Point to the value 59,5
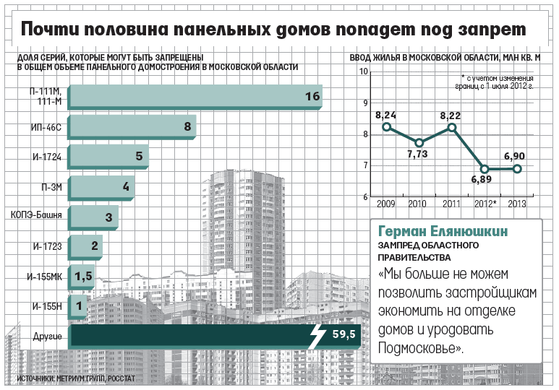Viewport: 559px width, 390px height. tap(343, 335)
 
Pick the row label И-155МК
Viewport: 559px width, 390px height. tap(43, 276)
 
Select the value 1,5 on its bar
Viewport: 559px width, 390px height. tap(83, 276)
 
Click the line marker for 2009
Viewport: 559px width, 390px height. tap(387, 127)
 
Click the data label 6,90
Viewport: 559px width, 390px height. tap(515, 156)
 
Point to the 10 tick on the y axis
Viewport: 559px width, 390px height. tap(363, 71)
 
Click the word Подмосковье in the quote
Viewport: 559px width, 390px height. tap(419, 349)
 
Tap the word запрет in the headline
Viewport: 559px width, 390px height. tap(486, 29)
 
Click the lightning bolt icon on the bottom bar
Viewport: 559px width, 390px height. tap(317, 336)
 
